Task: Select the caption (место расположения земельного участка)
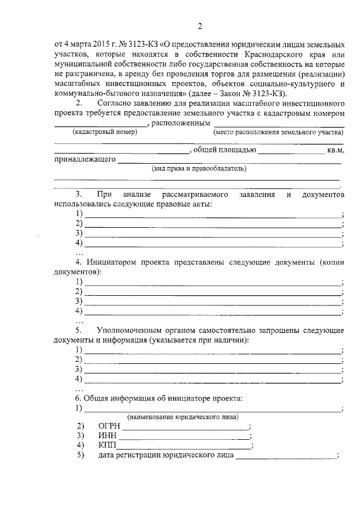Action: point(278,132)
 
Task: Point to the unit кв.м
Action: point(334,150)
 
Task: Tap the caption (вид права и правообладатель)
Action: point(199,168)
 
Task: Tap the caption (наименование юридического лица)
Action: point(182,417)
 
